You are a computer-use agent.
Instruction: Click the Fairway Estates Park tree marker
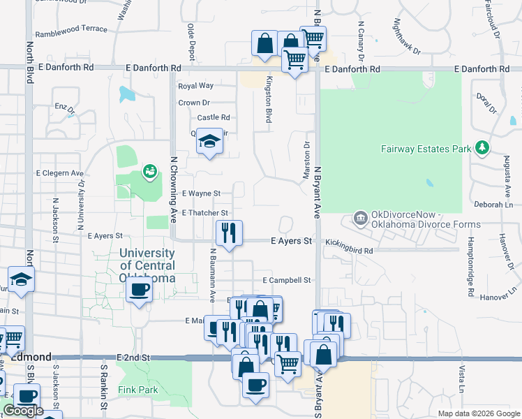pyautogui.click(x=481, y=148)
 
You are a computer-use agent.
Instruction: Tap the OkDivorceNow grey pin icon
pyautogui.click(x=361, y=219)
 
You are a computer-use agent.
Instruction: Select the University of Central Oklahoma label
pyautogui.click(x=147, y=265)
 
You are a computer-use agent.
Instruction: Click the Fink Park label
pyautogui.click(x=138, y=390)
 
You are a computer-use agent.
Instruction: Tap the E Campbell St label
pyautogui.click(x=286, y=280)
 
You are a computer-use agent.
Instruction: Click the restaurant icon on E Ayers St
pyautogui.click(x=229, y=233)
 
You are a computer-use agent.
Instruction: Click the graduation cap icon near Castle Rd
pyautogui.click(x=209, y=142)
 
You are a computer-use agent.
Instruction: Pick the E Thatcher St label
pyautogui.click(x=204, y=212)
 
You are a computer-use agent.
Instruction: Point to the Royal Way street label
pyautogui.click(x=195, y=86)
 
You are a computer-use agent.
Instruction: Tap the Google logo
pyautogui.click(x=22, y=411)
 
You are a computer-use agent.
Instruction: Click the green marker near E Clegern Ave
pyautogui.click(x=149, y=170)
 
